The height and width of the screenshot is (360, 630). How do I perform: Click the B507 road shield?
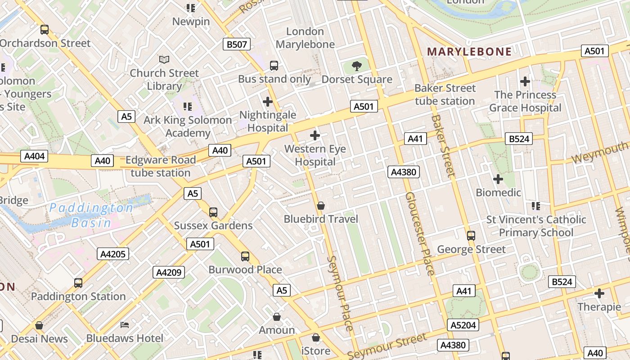(236, 44)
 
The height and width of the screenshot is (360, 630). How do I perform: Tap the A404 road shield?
(34, 156)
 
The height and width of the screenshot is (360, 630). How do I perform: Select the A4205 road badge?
(113, 254)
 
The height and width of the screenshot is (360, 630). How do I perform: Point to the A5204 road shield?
(463, 325)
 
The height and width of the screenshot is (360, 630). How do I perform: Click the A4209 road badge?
(169, 272)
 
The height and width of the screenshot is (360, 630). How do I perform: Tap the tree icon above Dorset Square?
(356, 66)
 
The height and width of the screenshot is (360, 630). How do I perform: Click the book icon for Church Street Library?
(164, 59)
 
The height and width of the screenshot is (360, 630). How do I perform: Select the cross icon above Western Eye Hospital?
(315, 135)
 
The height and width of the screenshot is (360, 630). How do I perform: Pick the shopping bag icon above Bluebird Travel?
(321, 206)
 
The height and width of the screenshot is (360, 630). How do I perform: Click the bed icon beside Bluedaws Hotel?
(125, 325)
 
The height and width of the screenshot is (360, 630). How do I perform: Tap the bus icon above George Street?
(471, 235)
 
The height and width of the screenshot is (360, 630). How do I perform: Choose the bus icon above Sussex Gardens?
(213, 212)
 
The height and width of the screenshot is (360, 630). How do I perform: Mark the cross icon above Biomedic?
(498, 179)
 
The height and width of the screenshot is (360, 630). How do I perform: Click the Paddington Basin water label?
(91, 215)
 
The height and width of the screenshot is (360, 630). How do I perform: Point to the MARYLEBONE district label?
(469, 51)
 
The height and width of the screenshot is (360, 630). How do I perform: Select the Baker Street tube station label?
(445, 94)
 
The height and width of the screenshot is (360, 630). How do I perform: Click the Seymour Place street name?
(341, 293)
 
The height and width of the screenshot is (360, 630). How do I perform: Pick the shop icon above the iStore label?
(316, 337)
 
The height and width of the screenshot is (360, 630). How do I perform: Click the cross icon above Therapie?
(599, 293)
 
